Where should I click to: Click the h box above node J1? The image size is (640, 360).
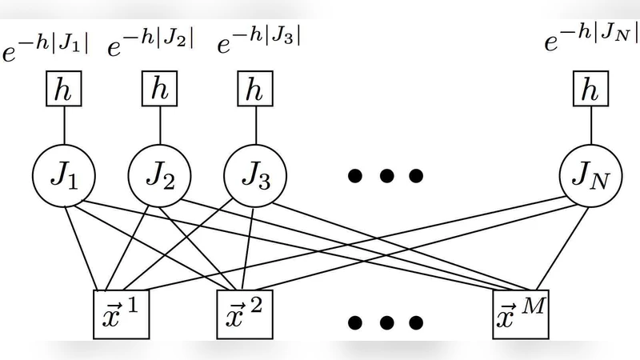pos(63,90)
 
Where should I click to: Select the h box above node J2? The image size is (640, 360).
pos(160,90)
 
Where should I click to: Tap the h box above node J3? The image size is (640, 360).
pos(255,90)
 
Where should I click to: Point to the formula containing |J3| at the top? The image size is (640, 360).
pos(260,39)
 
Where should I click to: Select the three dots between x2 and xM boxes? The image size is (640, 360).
pos(384,322)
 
